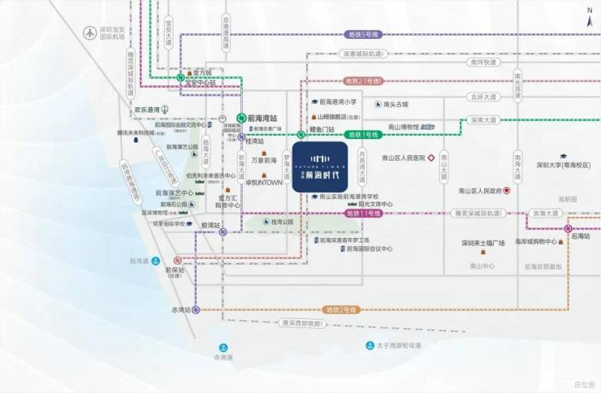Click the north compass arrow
click(x=590, y=14)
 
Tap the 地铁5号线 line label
click(x=364, y=35)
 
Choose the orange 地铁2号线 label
click(x=341, y=310)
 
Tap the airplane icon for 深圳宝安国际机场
click(x=89, y=33)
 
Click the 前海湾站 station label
click(x=263, y=117)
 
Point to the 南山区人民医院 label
click(x=403, y=158)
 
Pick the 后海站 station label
click(x=580, y=236)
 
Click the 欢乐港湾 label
click(x=149, y=110)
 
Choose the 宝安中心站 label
click(x=201, y=83)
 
